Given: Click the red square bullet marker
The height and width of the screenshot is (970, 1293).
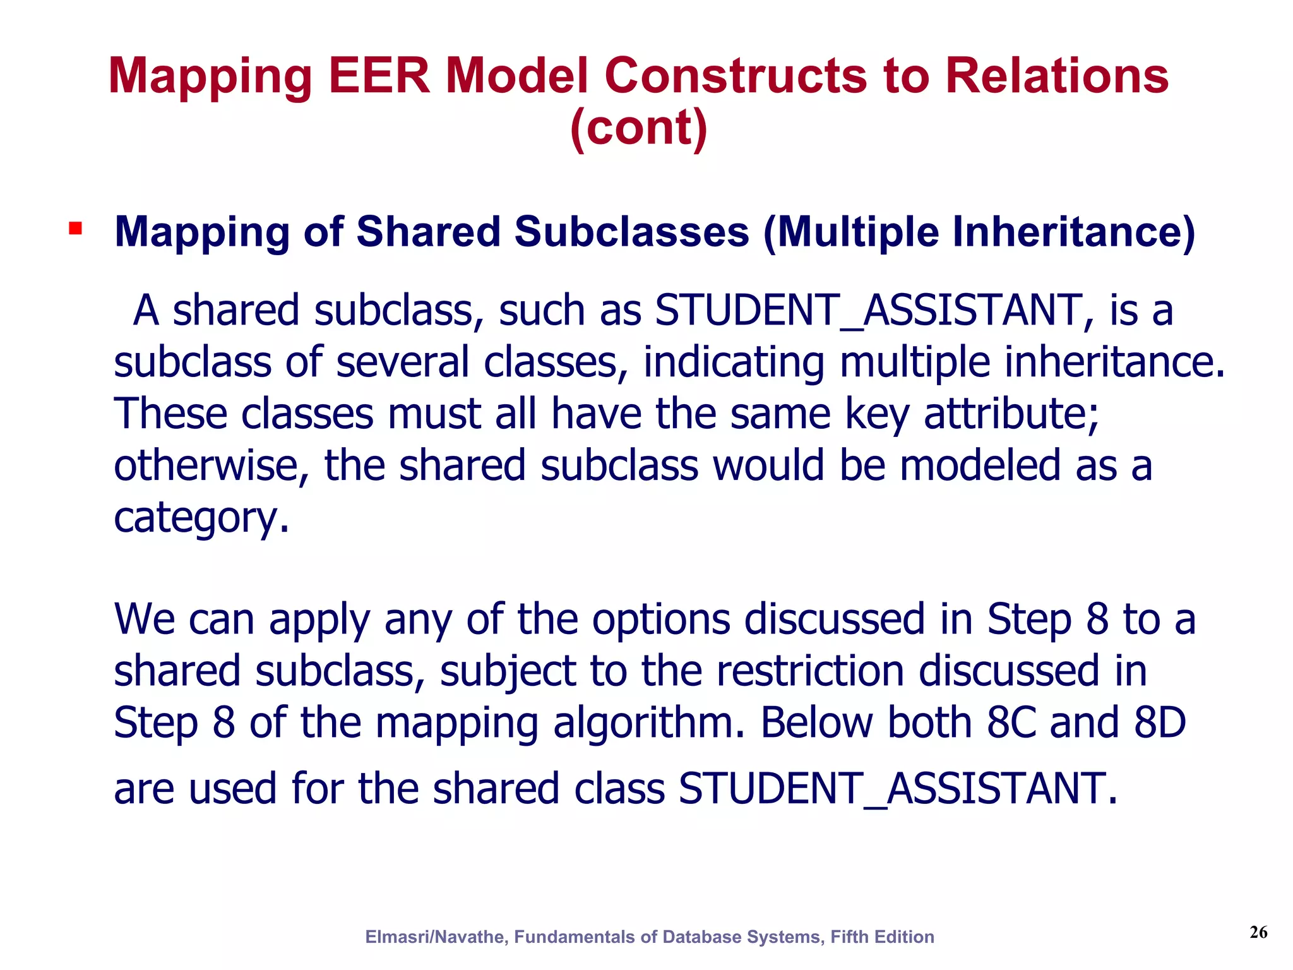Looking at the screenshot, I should coord(76,229).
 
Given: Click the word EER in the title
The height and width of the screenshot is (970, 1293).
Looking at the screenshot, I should coord(379,76).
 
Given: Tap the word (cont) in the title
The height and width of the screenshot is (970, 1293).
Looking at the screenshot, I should coord(638,128).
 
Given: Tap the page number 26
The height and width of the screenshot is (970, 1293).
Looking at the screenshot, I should coord(1258,932).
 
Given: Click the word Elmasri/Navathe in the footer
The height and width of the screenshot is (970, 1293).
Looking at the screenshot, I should coord(436,937).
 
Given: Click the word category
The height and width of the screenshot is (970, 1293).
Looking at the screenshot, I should coord(201,518).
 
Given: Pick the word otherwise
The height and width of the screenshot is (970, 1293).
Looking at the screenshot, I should coord(211,466).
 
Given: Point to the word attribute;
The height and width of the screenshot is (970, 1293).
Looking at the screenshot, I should coord(1011,414).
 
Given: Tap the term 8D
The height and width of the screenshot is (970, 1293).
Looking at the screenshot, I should coord(1160,722).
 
